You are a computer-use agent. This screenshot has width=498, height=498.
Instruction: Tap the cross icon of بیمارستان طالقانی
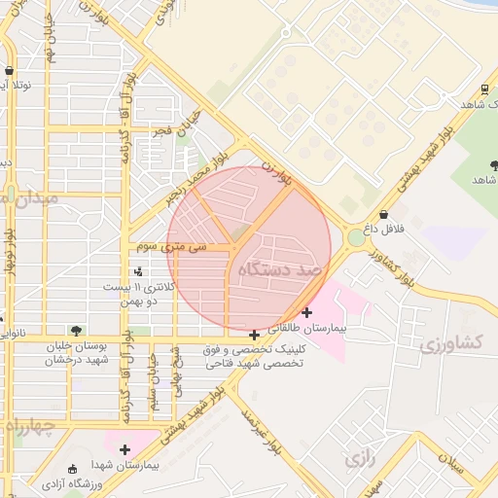(x=307, y=312)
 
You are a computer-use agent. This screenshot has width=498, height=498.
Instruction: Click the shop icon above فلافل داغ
(x=383, y=214)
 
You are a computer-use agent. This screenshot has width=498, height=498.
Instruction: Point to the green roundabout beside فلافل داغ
(x=355, y=236)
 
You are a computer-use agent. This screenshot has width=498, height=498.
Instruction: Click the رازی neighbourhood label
(x=358, y=457)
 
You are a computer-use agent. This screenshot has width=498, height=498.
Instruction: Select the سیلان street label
(x=452, y=465)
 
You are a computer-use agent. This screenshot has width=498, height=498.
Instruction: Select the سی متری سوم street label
(x=172, y=247)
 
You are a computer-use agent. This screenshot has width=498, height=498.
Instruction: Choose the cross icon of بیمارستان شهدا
(x=124, y=448)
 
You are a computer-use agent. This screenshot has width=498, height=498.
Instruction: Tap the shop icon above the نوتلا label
(x=9, y=71)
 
